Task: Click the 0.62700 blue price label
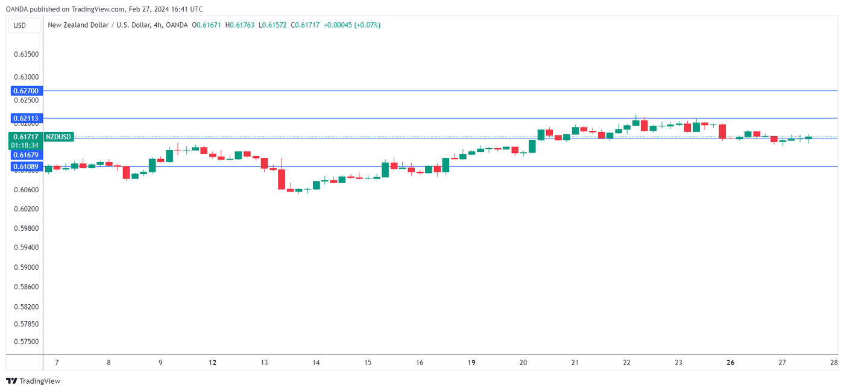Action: pyautogui.click(x=25, y=91)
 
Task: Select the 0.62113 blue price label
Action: pyautogui.click(x=25, y=118)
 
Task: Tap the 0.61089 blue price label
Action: pyautogui.click(x=25, y=166)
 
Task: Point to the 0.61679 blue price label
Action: pyautogui.click(x=25, y=155)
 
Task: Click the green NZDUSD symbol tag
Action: pyautogui.click(x=59, y=137)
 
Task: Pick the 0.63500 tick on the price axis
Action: pyautogui.click(x=26, y=54)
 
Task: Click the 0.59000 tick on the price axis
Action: pyautogui.click(x=26, y=267)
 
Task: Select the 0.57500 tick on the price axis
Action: pyautogui.click(x=26, y=342)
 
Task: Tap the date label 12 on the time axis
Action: pyautogui.click(x=212, y=363)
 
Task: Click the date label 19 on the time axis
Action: pyautogui.click(x=471, y=363)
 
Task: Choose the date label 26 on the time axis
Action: pyautogui.click(x=731, y=363)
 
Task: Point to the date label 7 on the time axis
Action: pyautogui.click(x=57, y=363)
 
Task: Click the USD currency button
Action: pyautogui.click(x=20, y=25)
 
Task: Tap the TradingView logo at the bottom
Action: pyautogui.click(x=33, y=381)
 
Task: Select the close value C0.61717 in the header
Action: pyautogui.click(x=305, y=25)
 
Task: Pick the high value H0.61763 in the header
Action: pyautogui.click(x=239, y=25)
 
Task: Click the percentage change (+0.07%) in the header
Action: pyautogui.click(x=368, y=25)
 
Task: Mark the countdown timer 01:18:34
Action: pyautogui.click(x=25, y=145)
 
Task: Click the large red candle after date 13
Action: pyautogui.click(x=282, y=179)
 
